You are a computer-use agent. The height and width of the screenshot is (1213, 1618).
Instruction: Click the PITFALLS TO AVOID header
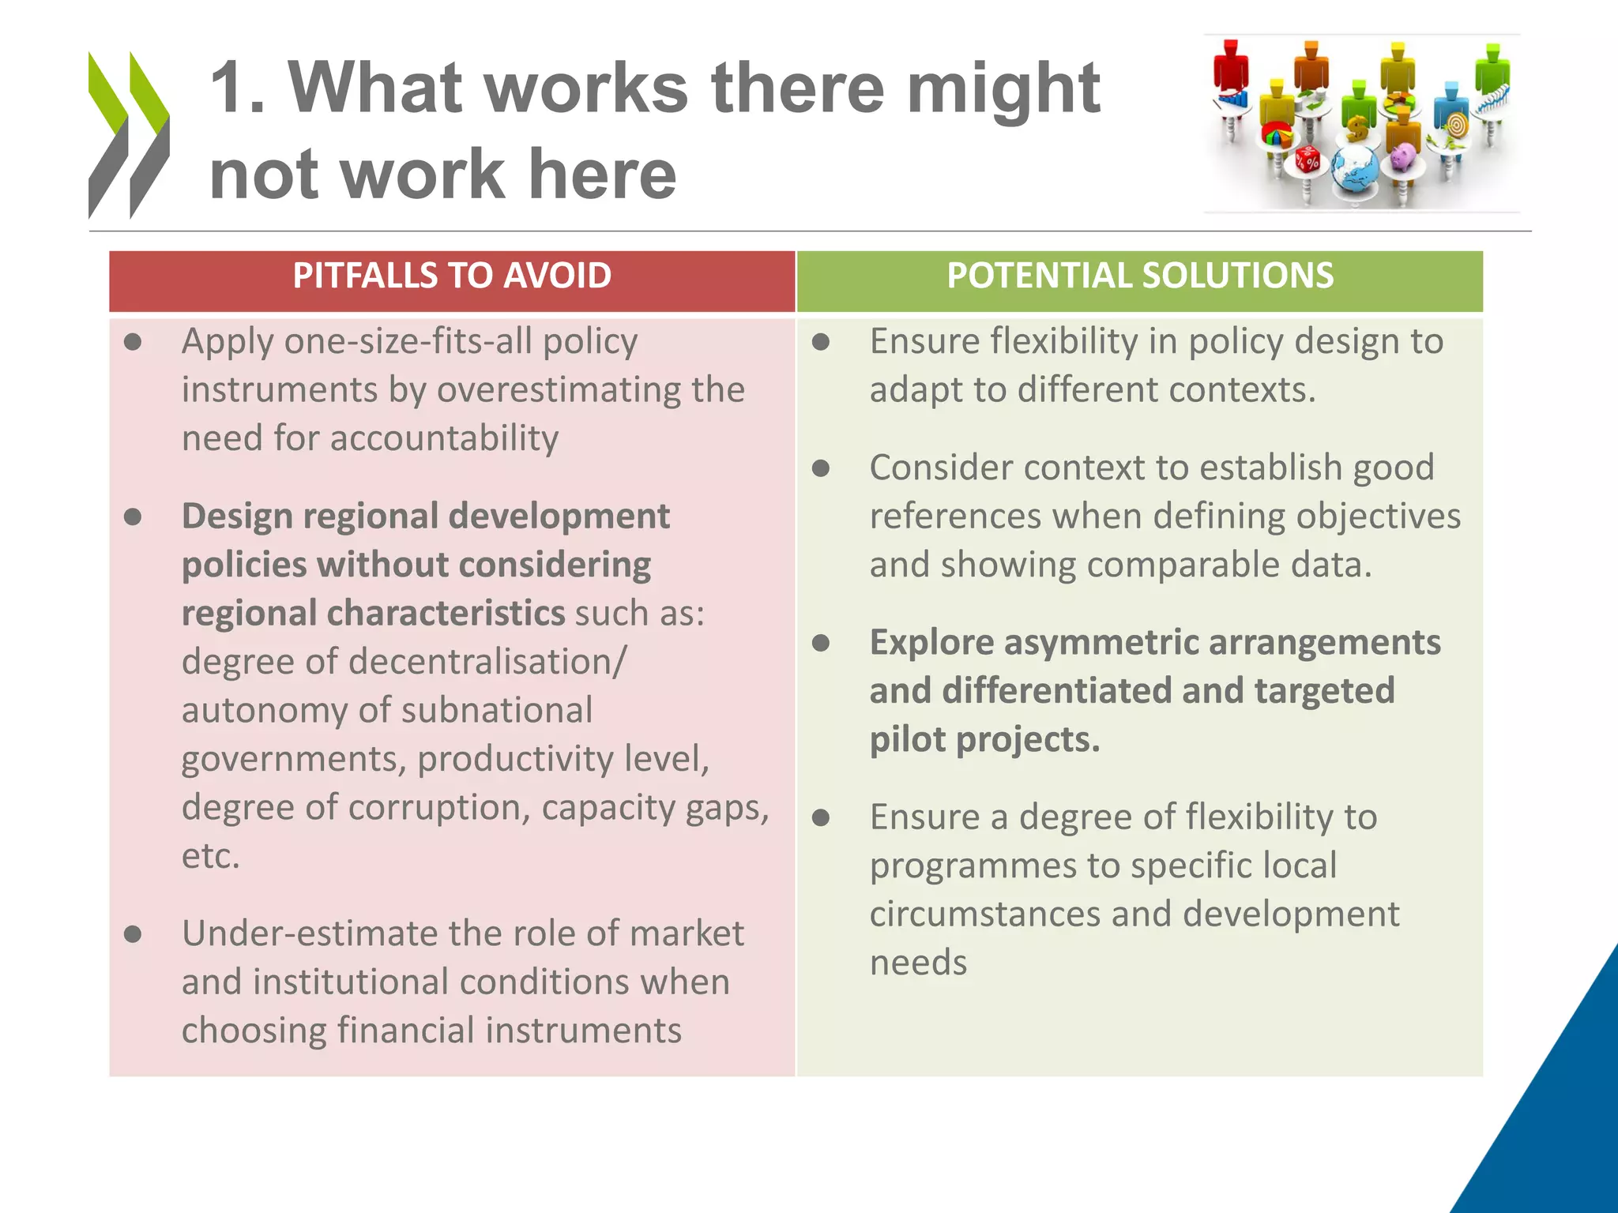tap(452, 276)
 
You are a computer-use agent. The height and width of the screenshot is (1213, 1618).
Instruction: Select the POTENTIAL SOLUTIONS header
tap(1140, 276)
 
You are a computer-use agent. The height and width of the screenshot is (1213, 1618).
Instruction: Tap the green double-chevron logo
tap(128, 134)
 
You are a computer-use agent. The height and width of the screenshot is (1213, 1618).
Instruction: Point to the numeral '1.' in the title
tap(237, 88)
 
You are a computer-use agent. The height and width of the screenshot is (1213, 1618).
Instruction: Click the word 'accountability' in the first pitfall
tap(444, 438)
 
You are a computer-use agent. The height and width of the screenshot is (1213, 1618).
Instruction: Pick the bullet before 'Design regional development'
tap(133, 517)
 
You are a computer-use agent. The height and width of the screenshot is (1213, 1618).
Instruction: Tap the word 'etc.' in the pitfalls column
tap(210, 857)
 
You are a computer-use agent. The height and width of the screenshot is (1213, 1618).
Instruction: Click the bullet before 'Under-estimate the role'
tap(133, 935)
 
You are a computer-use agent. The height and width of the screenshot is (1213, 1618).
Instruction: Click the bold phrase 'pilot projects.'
tap(984, 740)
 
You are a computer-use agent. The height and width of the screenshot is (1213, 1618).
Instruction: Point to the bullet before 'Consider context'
tap(821, 469)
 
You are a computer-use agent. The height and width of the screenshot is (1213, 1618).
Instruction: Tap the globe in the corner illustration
tap(1354, 169)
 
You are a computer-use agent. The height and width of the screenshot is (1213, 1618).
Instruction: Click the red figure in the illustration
tap(1230, 67)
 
